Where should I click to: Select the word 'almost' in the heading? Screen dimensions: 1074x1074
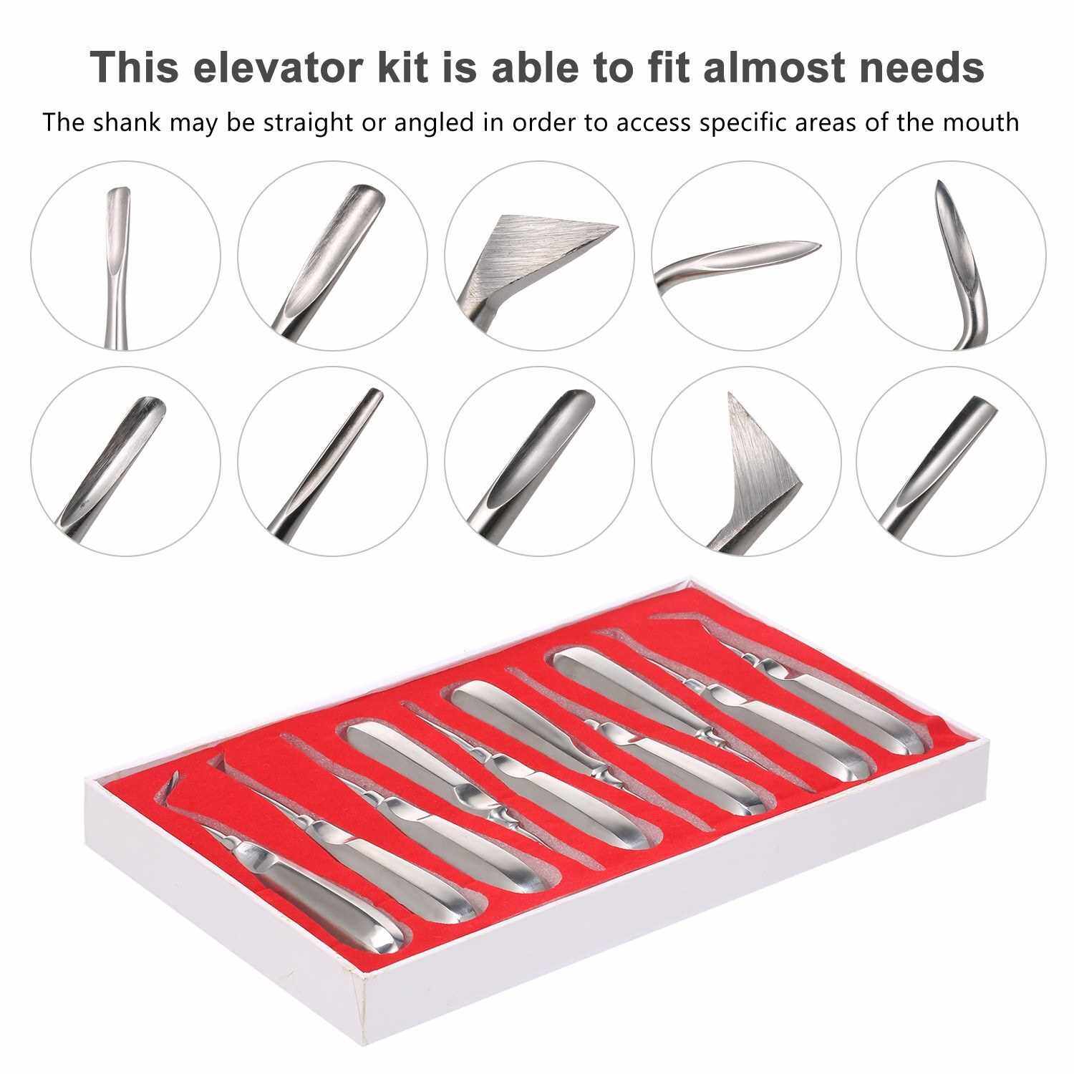pos(782,67)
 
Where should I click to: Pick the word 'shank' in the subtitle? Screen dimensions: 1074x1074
pos(128,122)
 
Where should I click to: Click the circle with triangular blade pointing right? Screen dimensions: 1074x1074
pos(538,255)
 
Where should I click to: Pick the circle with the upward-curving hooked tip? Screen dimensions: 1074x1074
pos(951,255)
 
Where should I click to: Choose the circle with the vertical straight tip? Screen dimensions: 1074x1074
pos(126,255)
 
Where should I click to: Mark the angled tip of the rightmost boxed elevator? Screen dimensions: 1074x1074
pos(680,616)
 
